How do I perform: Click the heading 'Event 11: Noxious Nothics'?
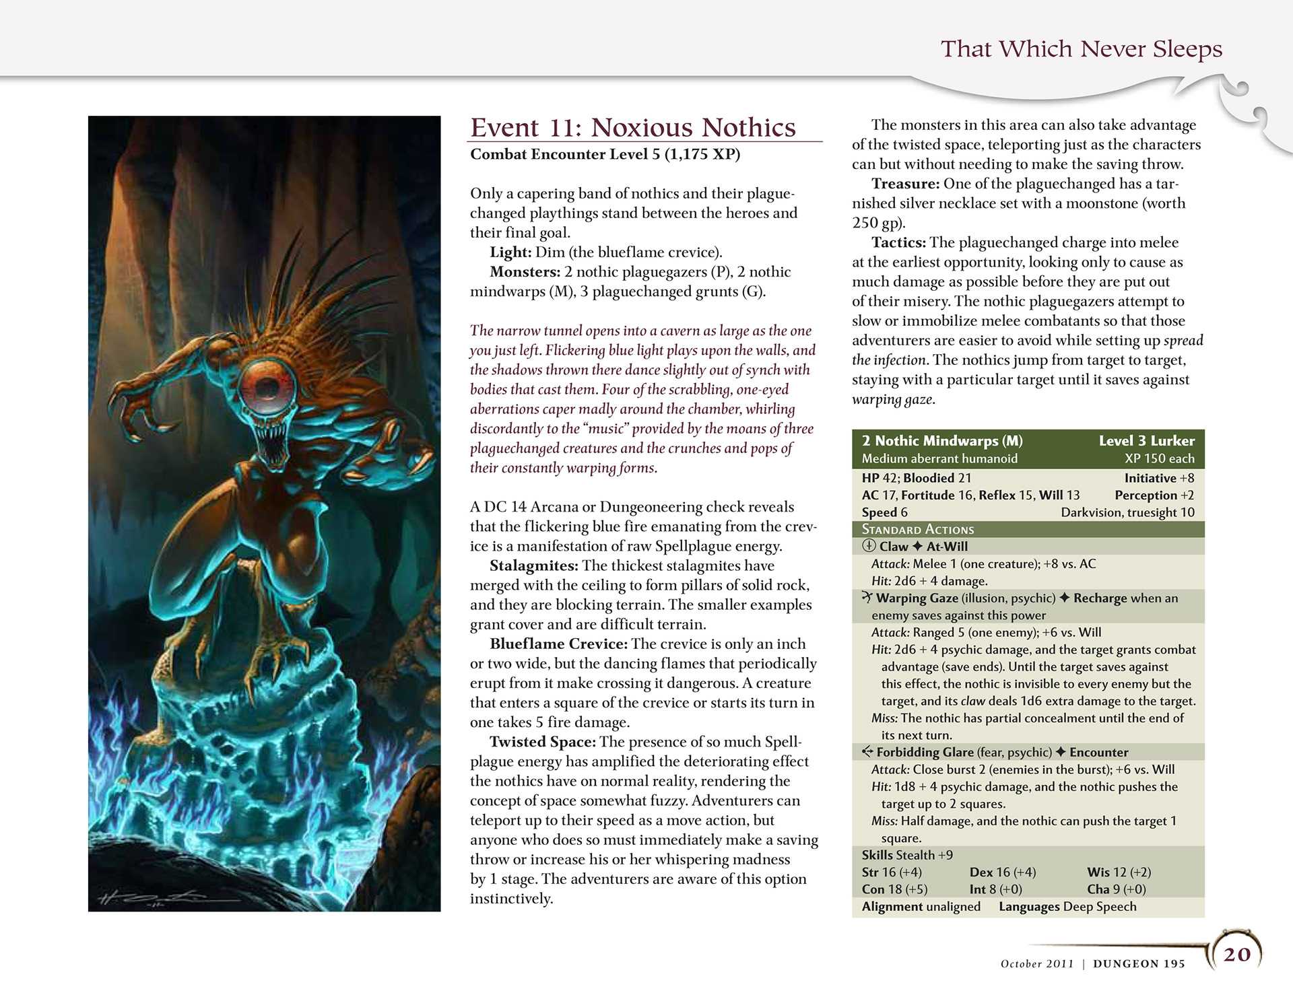point(632,127)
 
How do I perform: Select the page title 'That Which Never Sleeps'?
point(1081,49)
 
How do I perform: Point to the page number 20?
point(1236,954)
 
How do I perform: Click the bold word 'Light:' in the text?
point(510,252)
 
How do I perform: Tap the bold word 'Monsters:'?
point(525,272)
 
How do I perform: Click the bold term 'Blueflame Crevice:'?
point(558,644)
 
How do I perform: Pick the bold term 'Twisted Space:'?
point(542,742)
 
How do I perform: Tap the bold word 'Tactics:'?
point(898,242)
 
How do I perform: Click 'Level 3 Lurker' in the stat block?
point(1146,441)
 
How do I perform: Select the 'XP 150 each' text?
point(1159,458)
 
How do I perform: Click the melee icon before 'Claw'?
point(869,547)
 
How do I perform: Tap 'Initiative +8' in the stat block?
point(1159,478)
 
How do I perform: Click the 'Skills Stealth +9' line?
point(906,855)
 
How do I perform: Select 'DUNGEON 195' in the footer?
point(1139,963)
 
